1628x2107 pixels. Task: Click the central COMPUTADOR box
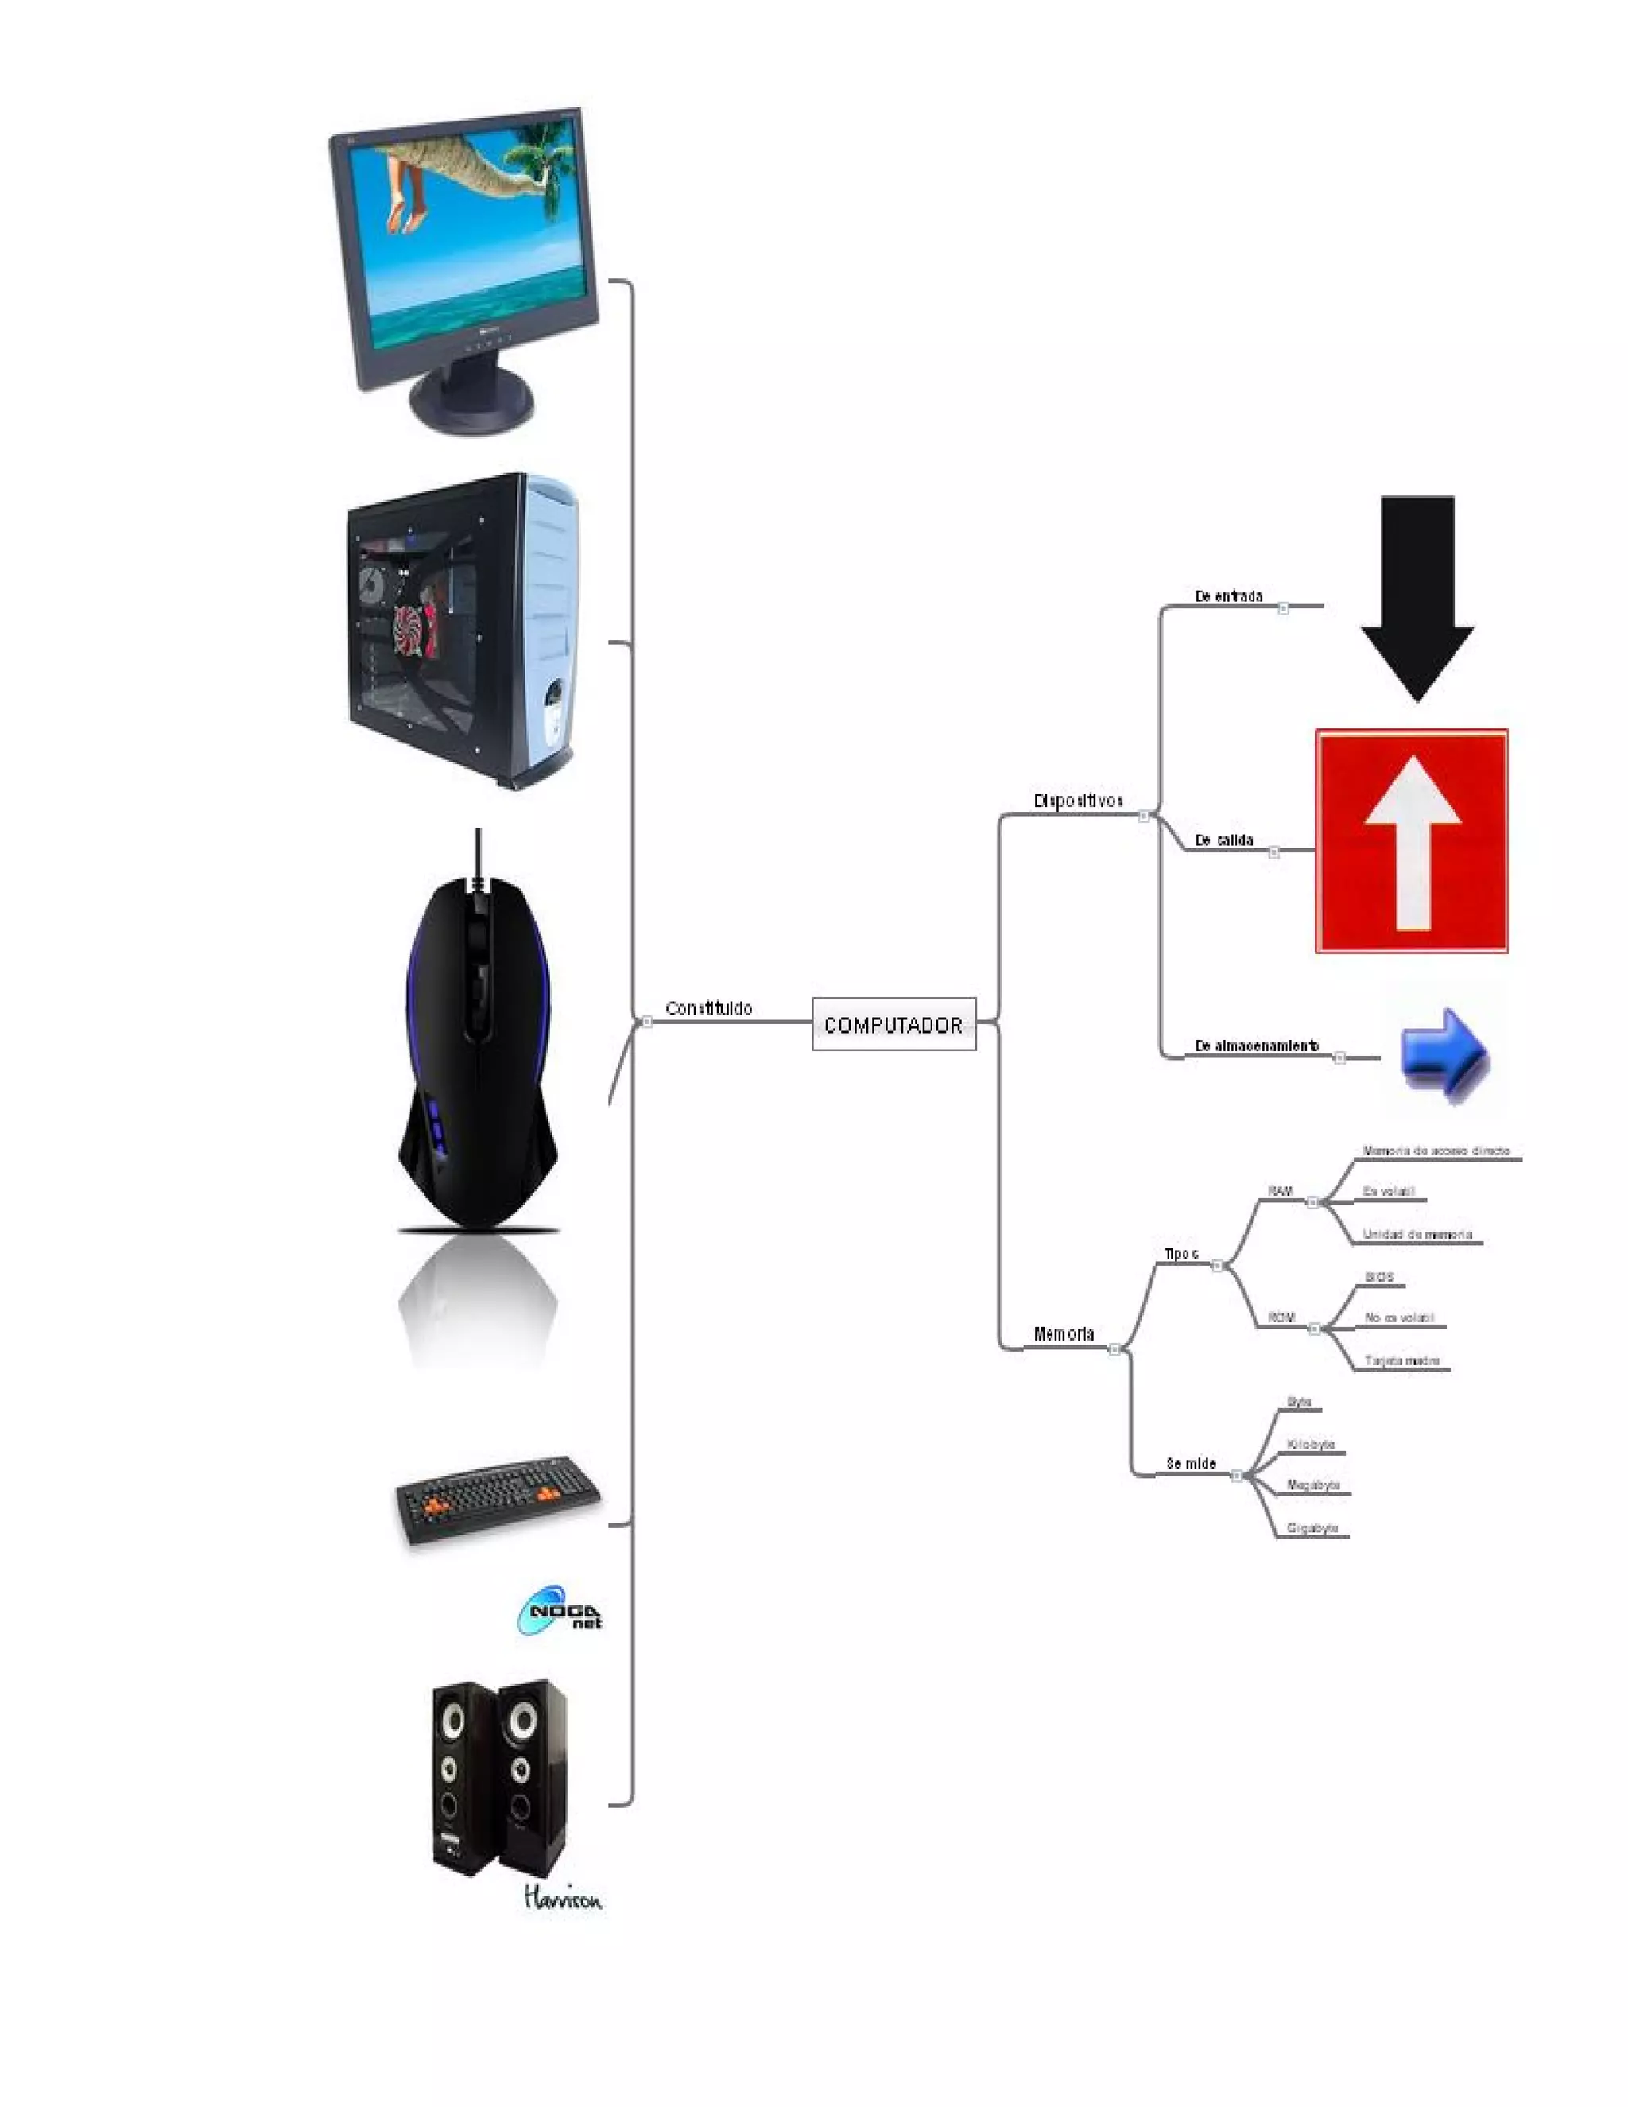(893, 1025)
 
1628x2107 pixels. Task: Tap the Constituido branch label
(708, 1008)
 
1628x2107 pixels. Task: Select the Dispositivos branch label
(1077, 801)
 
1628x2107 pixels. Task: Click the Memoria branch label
(1063, 1334)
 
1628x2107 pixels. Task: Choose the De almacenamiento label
(1256, 1046)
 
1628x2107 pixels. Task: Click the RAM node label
(1280, 1192)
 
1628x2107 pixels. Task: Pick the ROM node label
(1281, 1317)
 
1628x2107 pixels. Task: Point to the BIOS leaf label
(1379, 1276)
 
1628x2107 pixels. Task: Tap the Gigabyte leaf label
(1312, 1528)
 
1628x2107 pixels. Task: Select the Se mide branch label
(1191, 1464)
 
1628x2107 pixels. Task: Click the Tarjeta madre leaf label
(1401, 1360)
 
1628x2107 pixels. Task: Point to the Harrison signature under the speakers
(562, 1899)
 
